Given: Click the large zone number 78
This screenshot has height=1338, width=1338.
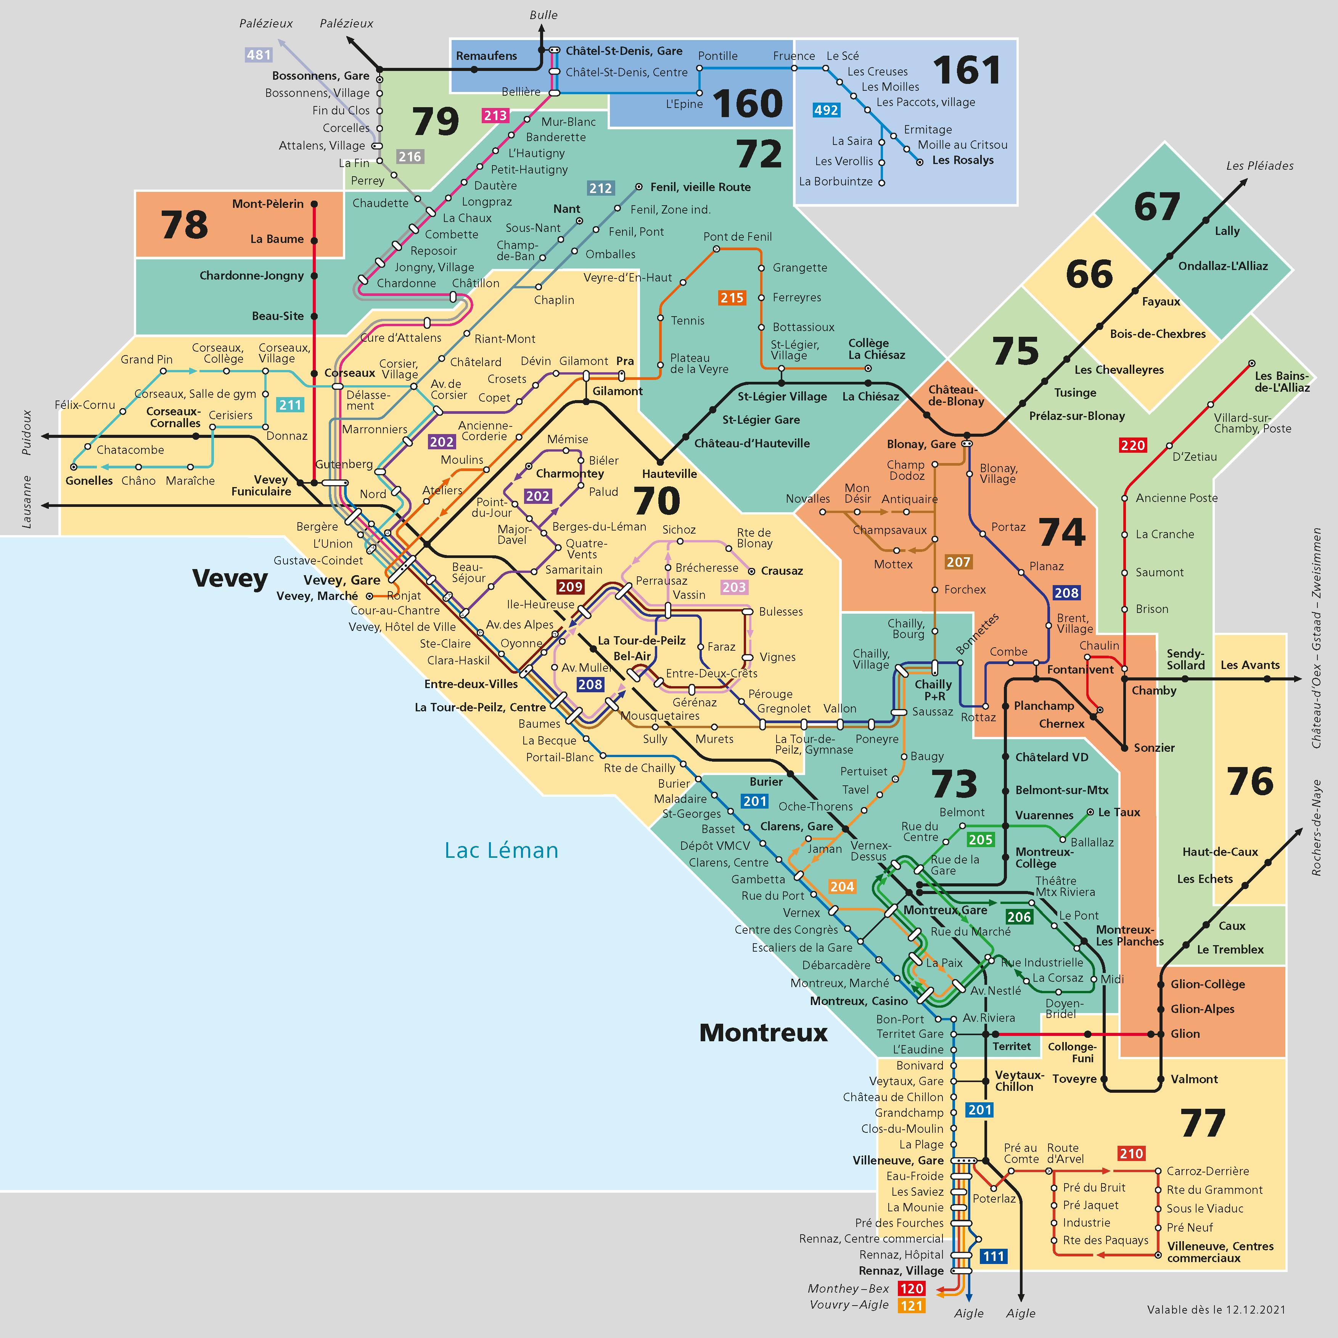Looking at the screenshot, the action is [184, 225].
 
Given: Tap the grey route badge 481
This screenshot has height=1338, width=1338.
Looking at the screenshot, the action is [258, 55].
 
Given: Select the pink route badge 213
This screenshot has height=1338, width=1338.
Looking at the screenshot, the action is [495, 116].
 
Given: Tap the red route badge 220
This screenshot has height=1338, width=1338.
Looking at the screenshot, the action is [1133, 445].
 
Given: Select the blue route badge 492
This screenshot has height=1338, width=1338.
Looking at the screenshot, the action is [826, 110].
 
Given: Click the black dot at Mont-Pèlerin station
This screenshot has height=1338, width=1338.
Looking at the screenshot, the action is [314, 204].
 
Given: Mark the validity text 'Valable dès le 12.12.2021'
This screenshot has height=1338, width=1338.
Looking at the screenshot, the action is [1216, 1310].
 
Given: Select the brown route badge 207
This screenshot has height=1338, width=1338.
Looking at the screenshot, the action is [958, 562].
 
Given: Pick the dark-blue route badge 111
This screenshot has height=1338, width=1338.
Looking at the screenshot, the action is [993, 1256].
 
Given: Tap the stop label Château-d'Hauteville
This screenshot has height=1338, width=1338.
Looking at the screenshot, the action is [752, 443].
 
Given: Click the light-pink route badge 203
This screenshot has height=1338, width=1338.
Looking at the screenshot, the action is [734, 587].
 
